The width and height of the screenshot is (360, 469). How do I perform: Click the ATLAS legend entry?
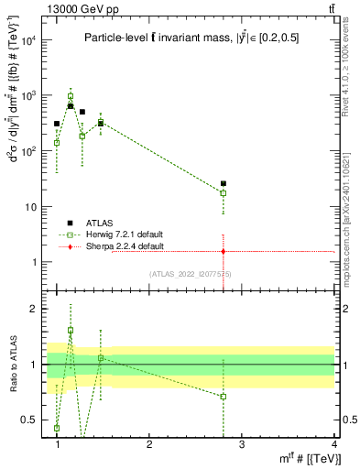(101, 223)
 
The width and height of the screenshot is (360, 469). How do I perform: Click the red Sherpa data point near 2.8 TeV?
(224, 251)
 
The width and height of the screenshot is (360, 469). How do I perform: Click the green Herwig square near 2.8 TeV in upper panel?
(224, 193)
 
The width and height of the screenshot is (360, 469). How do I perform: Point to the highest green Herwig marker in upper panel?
(71, 96)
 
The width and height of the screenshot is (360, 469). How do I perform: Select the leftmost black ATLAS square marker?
(57, 124)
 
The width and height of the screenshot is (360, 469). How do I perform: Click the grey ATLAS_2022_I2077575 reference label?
(191, 274)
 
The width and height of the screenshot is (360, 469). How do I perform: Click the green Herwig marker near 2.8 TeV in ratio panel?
(224, 397)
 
